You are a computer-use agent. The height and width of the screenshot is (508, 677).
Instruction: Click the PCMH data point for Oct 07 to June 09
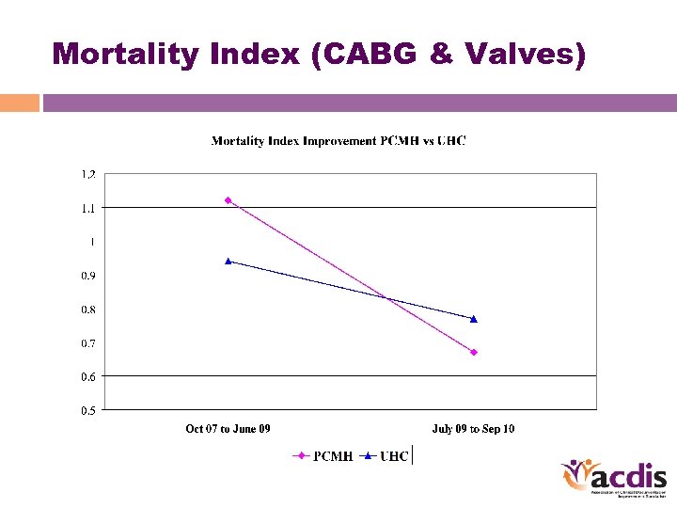click(x=228, y=200)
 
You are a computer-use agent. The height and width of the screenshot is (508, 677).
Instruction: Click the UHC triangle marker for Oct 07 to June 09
click(x=228, y=261)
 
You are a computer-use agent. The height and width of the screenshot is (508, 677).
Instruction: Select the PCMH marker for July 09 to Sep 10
click(x=474, y=352)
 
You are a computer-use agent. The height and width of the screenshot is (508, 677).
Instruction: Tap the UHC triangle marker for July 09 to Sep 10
click(x=474, y=319)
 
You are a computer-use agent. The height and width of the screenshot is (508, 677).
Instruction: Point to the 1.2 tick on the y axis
click(x=87, y=174)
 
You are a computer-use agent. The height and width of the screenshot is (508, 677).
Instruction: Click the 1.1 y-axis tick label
click(x=87, y=208)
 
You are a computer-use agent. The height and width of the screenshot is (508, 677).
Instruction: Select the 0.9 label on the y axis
click(x=87, y=276)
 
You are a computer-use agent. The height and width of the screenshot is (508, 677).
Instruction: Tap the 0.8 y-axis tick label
click(x=87, y=310)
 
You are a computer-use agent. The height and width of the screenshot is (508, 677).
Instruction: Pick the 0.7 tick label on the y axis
click(x=87, y=343)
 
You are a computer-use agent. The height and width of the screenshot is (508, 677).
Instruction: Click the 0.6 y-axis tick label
click(x=87, y=376)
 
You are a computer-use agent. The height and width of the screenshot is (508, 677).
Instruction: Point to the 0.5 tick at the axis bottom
click(x=87, y=410)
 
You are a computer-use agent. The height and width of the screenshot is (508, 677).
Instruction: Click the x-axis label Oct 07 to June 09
click(x=228, y=429)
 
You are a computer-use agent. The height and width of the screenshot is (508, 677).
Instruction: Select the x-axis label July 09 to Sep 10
click(x=473, y=429)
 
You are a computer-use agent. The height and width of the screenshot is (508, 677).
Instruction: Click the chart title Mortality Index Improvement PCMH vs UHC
click(x=338, y=141)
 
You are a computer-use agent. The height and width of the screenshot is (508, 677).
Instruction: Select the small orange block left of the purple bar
click(x=19, y=103)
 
